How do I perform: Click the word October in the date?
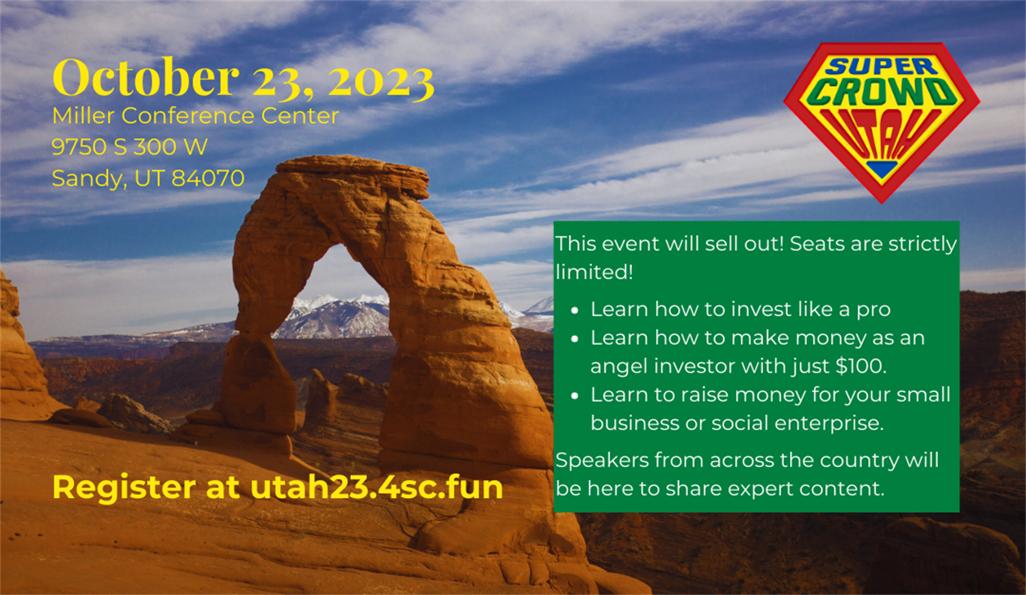(x=146, y=77)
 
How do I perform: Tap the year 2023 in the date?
(x=381, y=81)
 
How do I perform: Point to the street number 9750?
(x=79, y=146)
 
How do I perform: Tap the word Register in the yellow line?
(x=124, y=488)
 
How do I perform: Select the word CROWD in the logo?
(x=882, y=92)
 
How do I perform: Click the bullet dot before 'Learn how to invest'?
(x=575, y=310)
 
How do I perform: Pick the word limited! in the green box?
(x=594, y=272)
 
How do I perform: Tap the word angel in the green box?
(x=619, y=367)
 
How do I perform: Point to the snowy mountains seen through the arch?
(x=337, y=317)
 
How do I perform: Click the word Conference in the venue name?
(x=187, y=116)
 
